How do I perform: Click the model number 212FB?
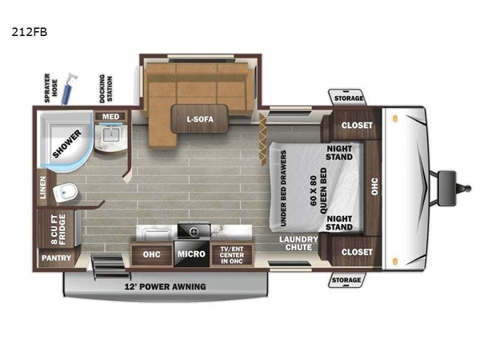30,32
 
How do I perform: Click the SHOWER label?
67,144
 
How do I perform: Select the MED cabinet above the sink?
110,116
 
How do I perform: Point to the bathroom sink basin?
110,135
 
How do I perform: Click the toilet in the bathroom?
66,193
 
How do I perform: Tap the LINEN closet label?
42,188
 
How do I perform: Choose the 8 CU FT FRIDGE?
58,229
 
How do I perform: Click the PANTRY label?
56,258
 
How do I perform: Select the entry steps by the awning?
110,267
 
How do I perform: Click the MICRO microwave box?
192,254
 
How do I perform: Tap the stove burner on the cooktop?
194,232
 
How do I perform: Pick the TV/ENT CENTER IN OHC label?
232,255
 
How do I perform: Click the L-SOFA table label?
200,119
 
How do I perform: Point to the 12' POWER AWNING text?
165,287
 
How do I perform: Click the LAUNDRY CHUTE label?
298,243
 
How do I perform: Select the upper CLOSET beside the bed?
357,126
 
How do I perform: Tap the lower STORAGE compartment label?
346,280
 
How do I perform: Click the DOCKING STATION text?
106,89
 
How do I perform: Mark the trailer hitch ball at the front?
468,188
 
